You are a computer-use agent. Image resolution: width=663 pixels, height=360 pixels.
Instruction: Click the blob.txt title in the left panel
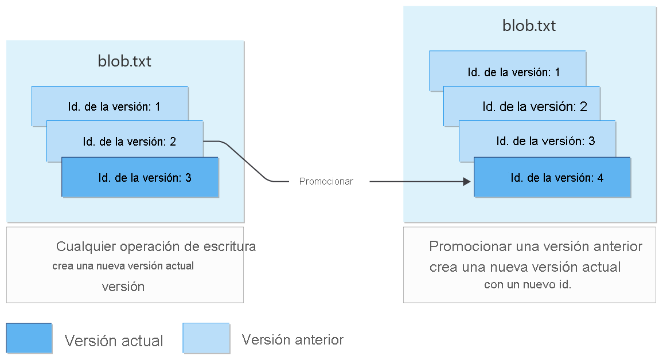click(124, 61)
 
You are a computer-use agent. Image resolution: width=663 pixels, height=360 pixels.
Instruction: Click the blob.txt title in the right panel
click(529, 26)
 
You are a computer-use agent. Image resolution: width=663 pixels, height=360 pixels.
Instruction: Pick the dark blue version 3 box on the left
click(141, 178)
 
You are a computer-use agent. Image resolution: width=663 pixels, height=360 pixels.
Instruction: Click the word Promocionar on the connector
click(326, 181)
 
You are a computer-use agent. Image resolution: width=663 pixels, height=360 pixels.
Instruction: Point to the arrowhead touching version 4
click(467, 182)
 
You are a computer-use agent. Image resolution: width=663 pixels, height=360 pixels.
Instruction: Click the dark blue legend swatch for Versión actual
click(29, 338)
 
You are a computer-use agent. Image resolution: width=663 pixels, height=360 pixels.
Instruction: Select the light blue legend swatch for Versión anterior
click(206, 338)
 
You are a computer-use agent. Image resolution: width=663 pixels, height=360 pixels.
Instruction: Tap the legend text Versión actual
click(114, 341)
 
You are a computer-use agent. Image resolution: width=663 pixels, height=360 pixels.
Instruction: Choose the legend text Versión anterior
click(292, 340)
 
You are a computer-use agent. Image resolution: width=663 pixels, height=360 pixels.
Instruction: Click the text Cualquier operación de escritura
click(156, 247)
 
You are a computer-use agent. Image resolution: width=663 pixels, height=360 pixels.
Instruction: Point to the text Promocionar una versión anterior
click(535, 246)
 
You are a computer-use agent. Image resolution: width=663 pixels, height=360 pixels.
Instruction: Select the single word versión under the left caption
click(123, 287)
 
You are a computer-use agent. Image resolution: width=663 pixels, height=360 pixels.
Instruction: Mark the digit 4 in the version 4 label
click(600, 178)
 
